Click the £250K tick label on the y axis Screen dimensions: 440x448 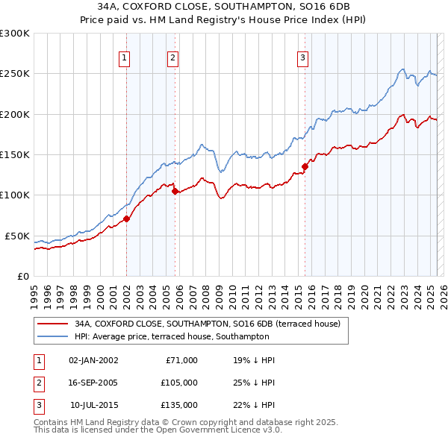click(15, 74)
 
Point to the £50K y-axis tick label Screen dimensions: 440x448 click(17, 236)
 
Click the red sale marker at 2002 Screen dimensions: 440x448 click(126, 219)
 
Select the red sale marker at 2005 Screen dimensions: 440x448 click(175, 192)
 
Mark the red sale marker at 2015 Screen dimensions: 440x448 click(305, 167)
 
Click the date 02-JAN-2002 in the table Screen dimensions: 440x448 click(93, 360)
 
